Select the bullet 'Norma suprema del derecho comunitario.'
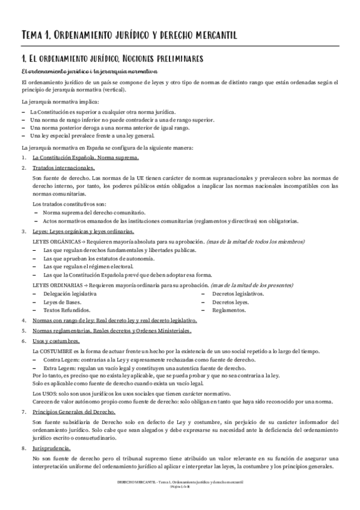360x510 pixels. click(94, 213)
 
